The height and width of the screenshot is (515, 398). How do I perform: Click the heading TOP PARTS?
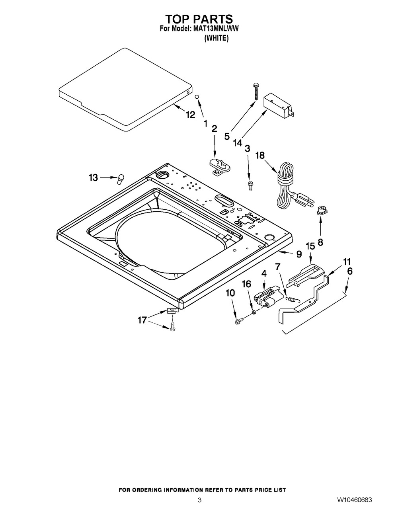199,19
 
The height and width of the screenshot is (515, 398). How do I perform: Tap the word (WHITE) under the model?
216,39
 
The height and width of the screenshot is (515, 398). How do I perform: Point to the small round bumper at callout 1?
197,97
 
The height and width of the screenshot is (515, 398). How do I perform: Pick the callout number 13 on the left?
93,178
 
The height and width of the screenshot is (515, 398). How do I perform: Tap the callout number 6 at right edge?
349,271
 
